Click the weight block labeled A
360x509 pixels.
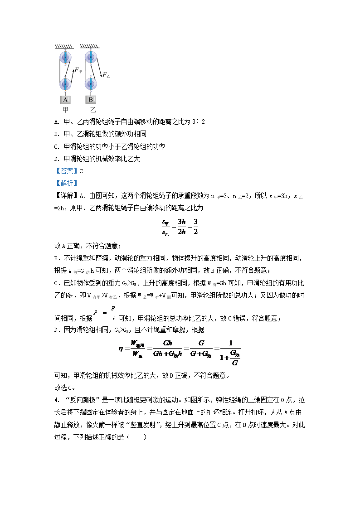65,100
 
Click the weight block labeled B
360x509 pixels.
91,100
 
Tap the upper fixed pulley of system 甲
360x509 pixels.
65,57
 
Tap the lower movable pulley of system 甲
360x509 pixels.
65,84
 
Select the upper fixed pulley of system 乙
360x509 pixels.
91,57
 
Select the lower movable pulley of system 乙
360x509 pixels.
91,84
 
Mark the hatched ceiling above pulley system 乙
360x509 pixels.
90,47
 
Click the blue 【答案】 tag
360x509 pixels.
66,171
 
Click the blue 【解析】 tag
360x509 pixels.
66,184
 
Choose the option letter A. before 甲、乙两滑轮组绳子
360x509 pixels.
57,122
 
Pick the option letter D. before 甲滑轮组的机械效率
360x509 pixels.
57,159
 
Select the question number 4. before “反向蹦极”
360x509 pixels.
57,400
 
